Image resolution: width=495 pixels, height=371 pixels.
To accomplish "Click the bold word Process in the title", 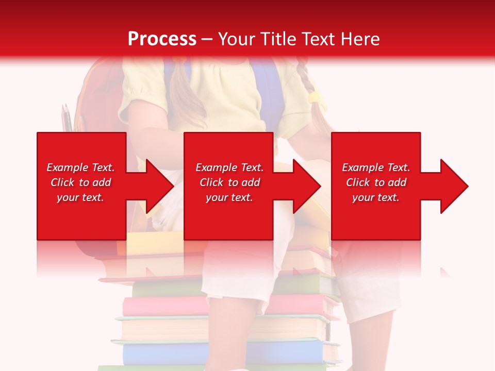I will [x=162, y=39].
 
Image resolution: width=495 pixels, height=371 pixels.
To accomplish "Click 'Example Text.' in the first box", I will [x=80, y=167].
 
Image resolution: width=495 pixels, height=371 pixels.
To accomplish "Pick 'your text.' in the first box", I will [x=80, y=197].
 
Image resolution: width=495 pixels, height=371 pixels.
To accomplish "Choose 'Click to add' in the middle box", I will [x=229, y=182].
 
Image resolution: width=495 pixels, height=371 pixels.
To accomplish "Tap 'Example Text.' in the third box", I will [x=376, y=167].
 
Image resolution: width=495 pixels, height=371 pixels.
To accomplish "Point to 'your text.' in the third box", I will [x=376, y=197].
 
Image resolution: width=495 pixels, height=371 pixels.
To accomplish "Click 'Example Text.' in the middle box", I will [x=229, y=167].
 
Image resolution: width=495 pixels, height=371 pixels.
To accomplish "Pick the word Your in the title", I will [x=237, y=39].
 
